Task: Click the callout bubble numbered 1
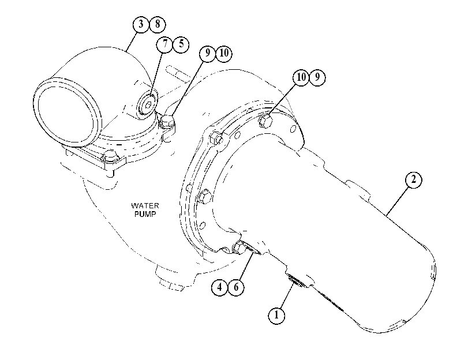276,315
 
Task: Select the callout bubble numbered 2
413,180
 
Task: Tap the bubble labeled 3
141,24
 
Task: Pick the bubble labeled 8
158,24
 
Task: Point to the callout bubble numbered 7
165,44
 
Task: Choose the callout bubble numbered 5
181,44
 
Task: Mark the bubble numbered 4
220,287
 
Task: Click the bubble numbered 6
236,287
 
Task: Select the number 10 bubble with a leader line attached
301,77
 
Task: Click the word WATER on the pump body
145,205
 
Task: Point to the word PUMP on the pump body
145,214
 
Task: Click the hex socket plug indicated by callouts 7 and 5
148,104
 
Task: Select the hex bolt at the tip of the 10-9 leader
266,121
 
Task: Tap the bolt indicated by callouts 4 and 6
239,247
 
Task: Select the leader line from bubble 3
131,42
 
